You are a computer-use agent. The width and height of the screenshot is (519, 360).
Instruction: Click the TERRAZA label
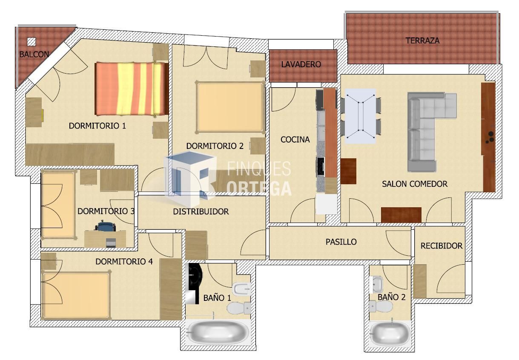tap(422, 41)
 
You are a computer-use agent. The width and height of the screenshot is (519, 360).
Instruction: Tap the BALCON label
tap(34, 54)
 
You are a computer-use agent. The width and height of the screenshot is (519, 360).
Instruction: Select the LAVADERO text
tap(301, 65)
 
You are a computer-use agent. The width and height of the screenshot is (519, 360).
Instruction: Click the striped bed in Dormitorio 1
tap(131, 89)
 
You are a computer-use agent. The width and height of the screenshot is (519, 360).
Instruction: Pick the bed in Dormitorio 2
tap(230, 107)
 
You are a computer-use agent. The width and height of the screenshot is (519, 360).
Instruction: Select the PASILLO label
tap(341, 242)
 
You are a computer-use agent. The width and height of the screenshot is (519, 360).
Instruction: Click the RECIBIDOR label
tap(441, 246)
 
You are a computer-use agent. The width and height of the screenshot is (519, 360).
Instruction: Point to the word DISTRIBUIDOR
tap(201, 211)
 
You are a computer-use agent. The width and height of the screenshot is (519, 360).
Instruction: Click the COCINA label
tap(295, 140)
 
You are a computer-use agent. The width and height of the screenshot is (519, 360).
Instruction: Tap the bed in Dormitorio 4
tap(76, 295)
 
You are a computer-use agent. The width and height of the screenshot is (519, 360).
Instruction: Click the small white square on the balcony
tap(32, 42)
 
